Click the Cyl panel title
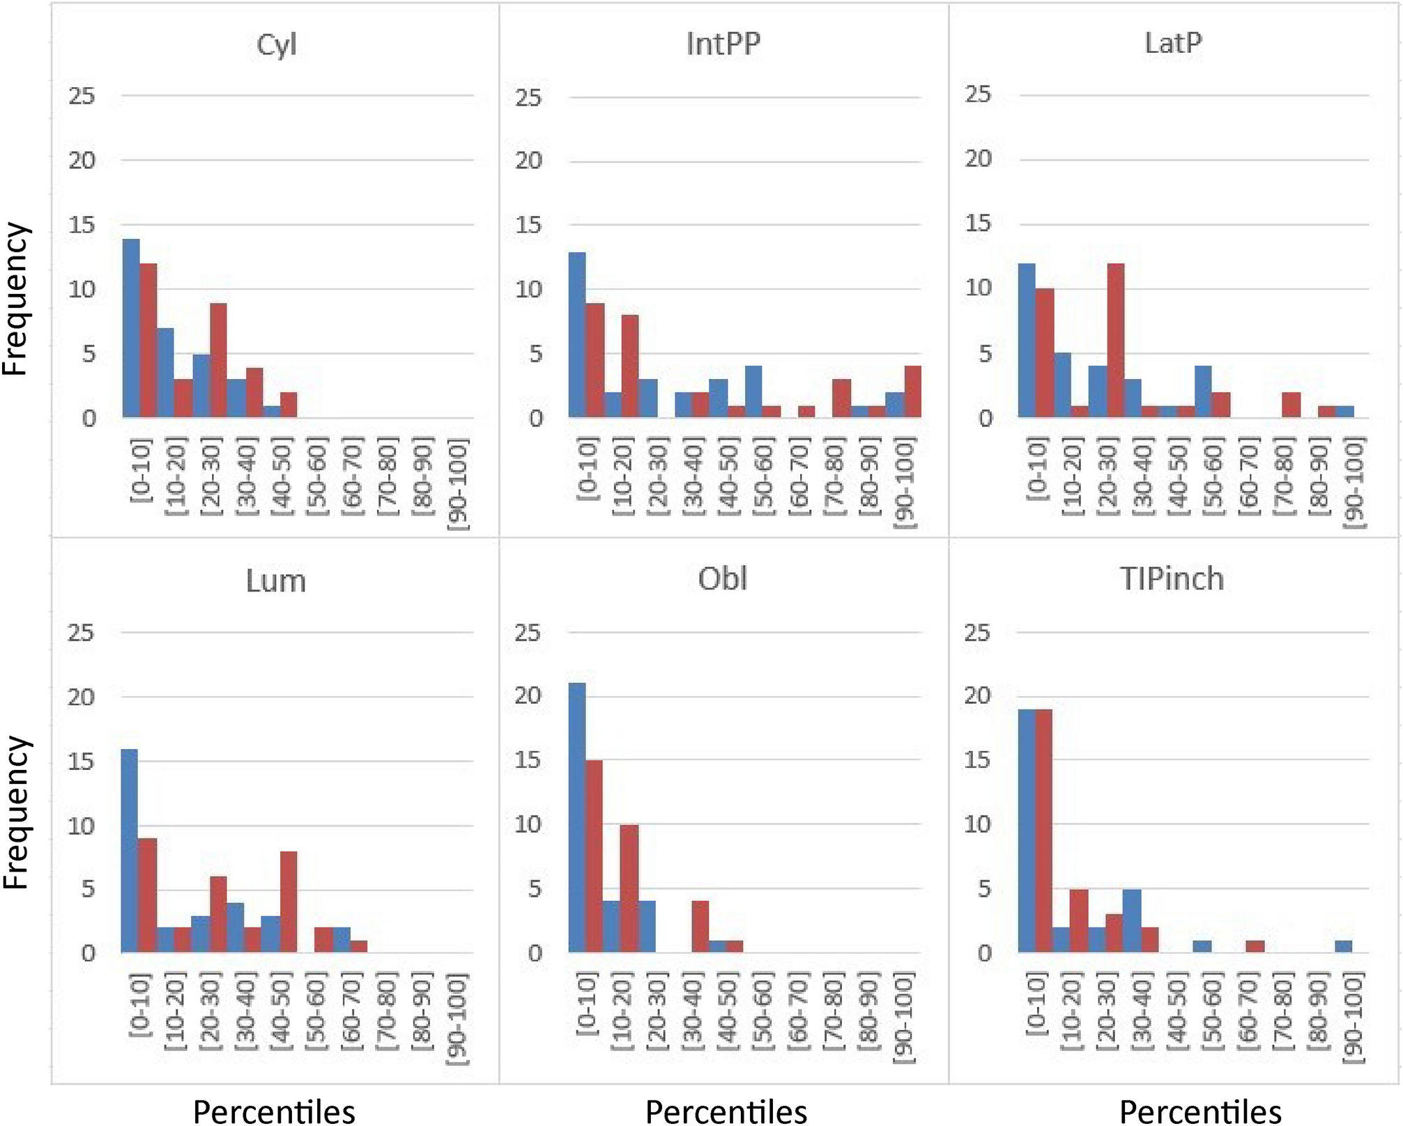pyautogui.click(x=276, y=45)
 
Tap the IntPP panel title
pyautogui.click(x=723, y=44)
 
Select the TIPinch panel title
pyautogui.click(x=1172, y=579)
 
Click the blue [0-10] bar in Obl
pyautogui.click(x=577, y=818)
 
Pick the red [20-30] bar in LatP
pyautogui.click(x=1115, y=341)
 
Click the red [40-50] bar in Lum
pyautogui.click(x=289, y=902)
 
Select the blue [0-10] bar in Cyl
pyautogui.click(x=131, y=328)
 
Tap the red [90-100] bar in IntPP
pyautogui.click(x=913, y=392)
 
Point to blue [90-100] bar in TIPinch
pyautogui.click(x=1344, y=946)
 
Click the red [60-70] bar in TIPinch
pyautogui.click(x=1255, y=946)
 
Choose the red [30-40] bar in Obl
pyautogui.click(x=700, y=927)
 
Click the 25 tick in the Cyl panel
pyautogui.click(x=82, y=96)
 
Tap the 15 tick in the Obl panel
pyautogui.click(x=528, y=760)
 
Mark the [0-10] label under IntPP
pyautogui.click(x=588, y=469)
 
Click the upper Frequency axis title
pyautogui.click(x=15, y=300)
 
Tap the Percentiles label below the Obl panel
pyautogui.click(x=726, y=1111)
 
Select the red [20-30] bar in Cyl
pyautogui.click(x=218, y=360)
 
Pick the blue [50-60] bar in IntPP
pyautogui.click(x=753, y=392)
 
